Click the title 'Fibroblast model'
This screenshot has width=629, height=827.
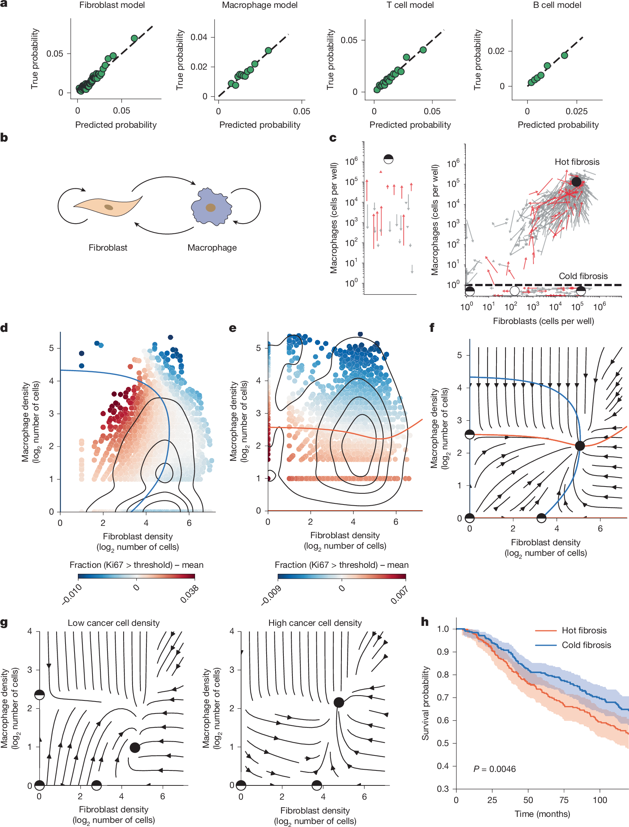(112, 5)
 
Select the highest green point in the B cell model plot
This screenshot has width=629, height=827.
(565, 55)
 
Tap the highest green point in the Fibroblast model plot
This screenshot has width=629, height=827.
(134, 38)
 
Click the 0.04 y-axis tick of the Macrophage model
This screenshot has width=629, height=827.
(199, 37)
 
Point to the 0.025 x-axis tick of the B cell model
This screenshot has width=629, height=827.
(577, 111)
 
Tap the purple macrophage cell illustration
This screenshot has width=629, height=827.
(211, 207)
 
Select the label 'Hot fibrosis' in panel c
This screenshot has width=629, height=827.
(577, 162)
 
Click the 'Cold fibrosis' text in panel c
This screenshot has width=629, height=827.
(583, 276)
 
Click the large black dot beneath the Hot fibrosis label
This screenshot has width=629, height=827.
(576, 182)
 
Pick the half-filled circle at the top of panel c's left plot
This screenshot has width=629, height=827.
(389, 159)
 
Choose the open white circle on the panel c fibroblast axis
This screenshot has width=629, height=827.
(515, 291)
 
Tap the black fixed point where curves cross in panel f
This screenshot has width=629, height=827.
(580, 446)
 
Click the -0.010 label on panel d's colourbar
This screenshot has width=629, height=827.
(72, 594)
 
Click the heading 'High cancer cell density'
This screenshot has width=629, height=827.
(315, 623)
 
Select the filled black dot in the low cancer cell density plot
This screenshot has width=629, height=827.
(135, 748)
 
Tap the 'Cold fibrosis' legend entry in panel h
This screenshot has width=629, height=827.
(586, 645)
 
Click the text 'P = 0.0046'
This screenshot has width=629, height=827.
(494, 769)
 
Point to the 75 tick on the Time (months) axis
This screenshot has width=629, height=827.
(564, 800)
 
